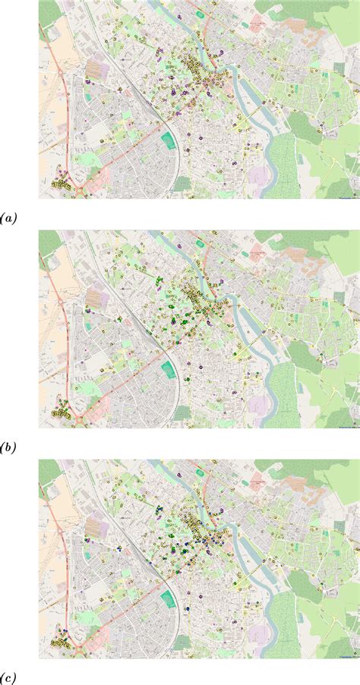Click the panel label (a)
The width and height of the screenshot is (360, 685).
8,218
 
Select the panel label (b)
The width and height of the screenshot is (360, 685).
8,448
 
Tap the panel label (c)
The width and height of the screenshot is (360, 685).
8,677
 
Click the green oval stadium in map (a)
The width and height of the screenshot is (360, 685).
168,140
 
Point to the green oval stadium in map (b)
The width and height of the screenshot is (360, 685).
168,370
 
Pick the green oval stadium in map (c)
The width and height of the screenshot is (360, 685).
168,599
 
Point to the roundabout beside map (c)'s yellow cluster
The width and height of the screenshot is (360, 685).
78,643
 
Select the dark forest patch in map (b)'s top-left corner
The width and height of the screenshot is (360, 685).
49,243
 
